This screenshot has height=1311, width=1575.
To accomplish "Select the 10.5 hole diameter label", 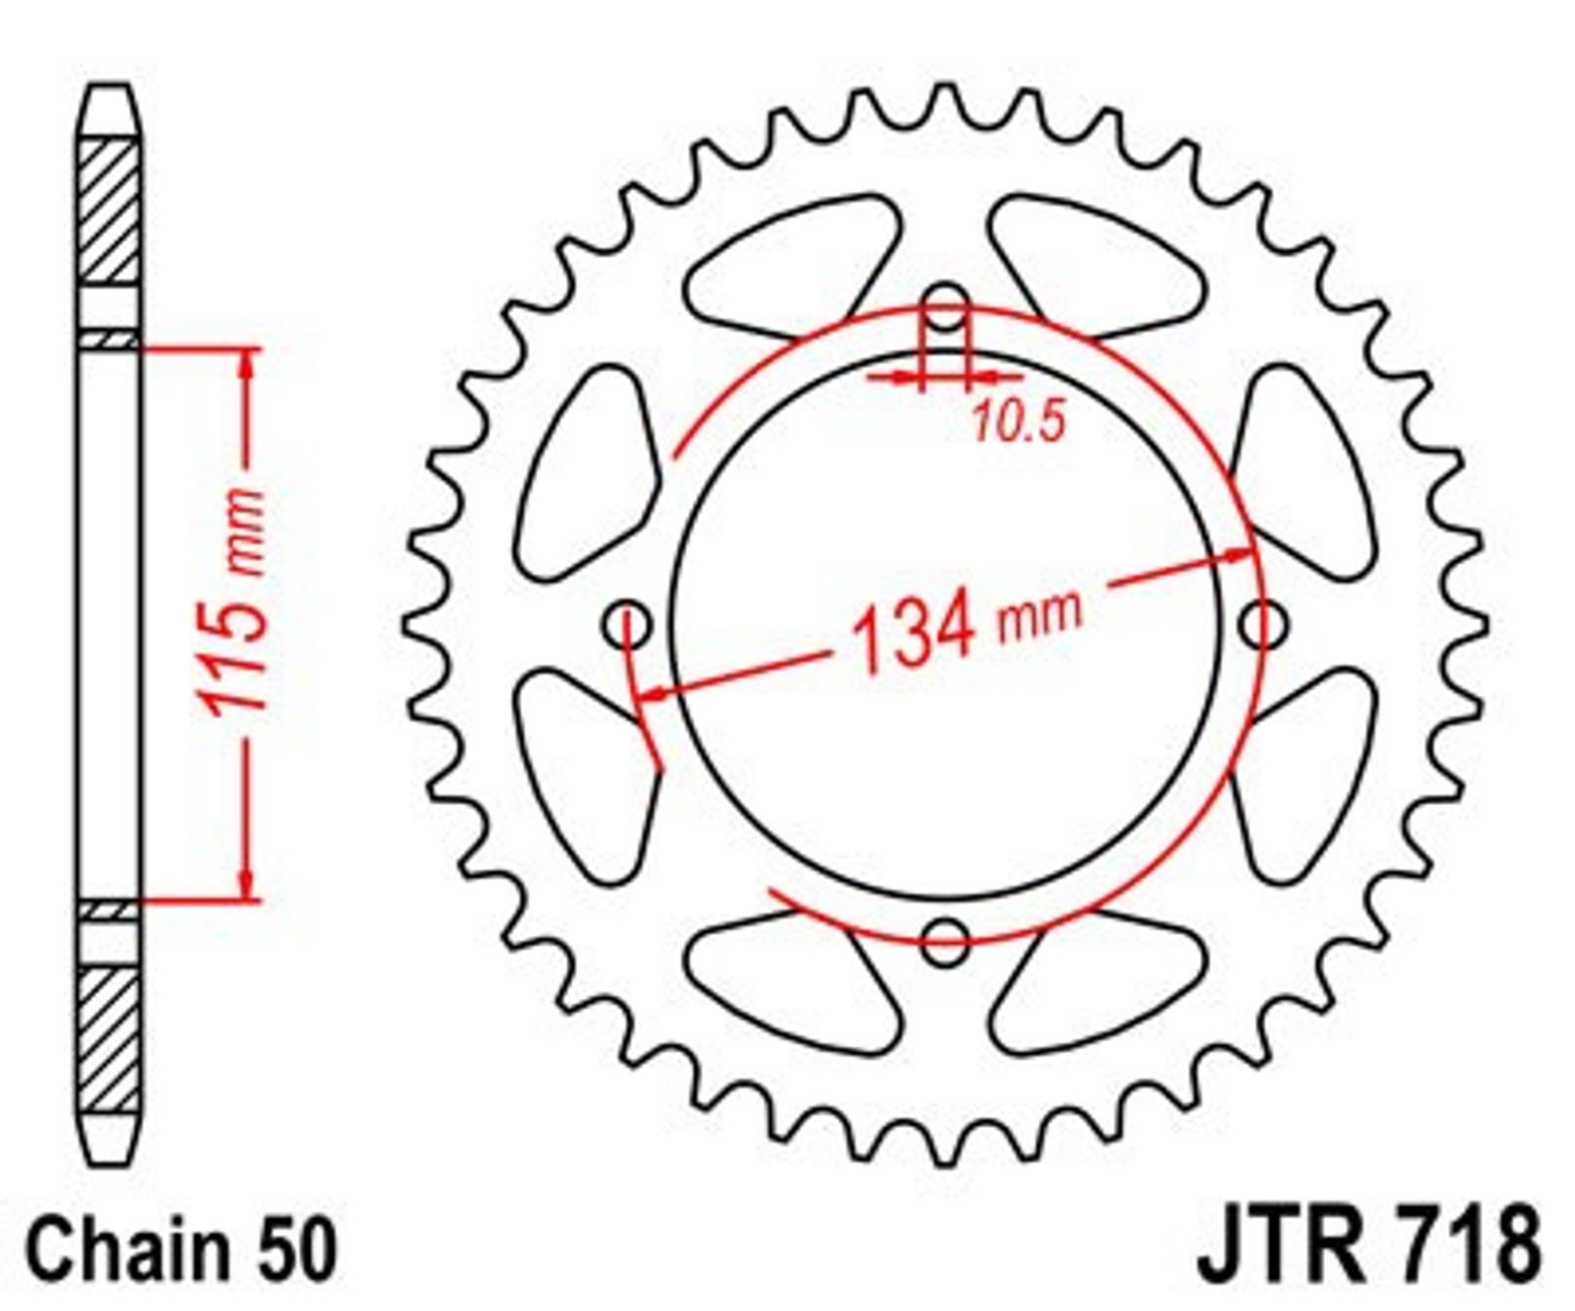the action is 1020,421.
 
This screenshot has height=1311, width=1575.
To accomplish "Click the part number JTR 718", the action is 1368,1247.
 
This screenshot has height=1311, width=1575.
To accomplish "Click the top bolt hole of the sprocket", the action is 945,306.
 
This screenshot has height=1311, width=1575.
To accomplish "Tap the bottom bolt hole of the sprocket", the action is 945,941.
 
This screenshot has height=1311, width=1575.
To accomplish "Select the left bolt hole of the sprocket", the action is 627,624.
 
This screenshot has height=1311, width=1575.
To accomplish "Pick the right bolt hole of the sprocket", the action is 1263,624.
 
